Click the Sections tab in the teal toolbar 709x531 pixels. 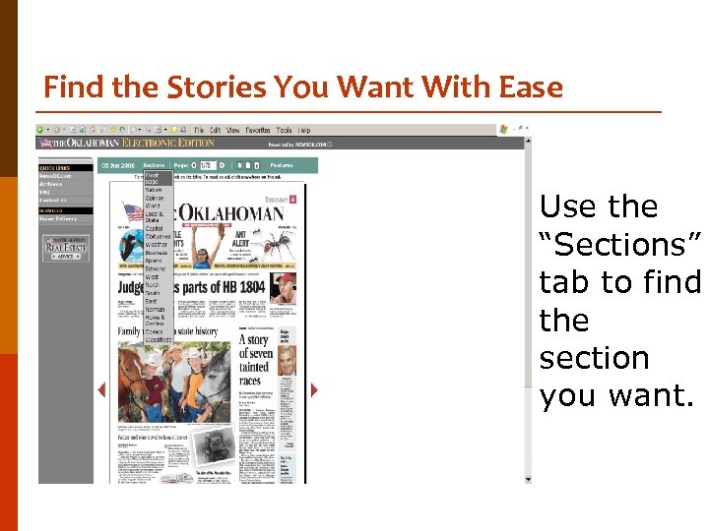pyautogui.click(x=154, y=165)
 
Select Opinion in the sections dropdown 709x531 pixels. pyautogui.click(x=154, y=198)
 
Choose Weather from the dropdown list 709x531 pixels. pyautogui.click(x=157, y=244)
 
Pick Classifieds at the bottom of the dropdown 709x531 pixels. pyautogui.click(x=160, y=337)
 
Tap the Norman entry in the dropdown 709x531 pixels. pyautogui.click(x=155, y=309)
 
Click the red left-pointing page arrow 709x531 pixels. pyautogui.click(x=100, y=389)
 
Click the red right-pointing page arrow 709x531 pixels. pyautogui.click(x=314, y=389)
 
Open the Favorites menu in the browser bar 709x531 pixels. pyautogui.click(x=258, y=130)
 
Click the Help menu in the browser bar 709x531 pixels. pyautogui.click(x=304, y=130)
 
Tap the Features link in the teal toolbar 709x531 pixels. pyautogui.click(x=283, y=165)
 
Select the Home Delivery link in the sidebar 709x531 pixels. pyautogui.click(x=56, y=218)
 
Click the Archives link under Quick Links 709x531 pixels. pyautogui.click(x=50, y=184)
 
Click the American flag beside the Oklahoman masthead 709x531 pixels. pyautogui.click(x=132, y=211)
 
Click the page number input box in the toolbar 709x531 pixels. pyautogui.click(x=206, y=165)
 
